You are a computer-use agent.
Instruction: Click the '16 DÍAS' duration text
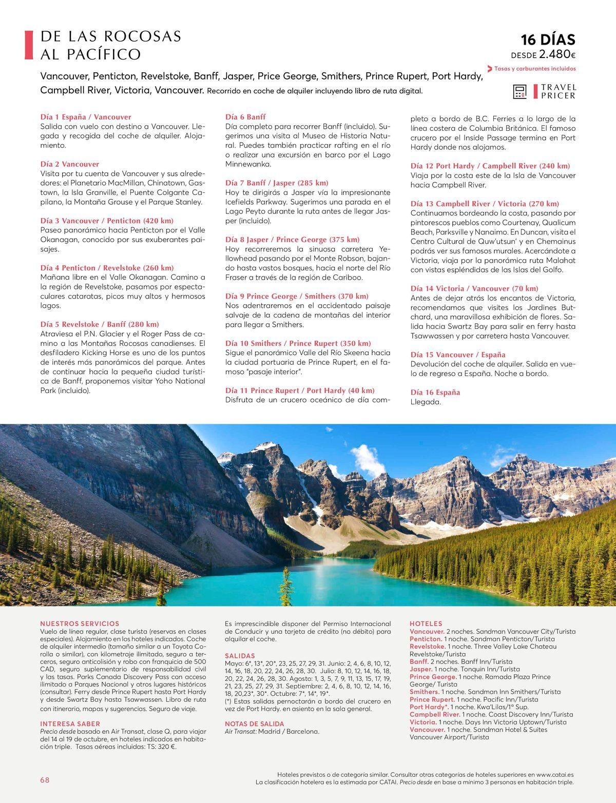tap(548, 40)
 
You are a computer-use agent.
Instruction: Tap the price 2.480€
tap(557, 54)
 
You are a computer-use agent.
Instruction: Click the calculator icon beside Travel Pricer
tap(520, 91)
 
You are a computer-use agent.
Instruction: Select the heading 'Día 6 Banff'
tap(245, 117)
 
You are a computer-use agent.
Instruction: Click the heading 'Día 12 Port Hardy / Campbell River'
tap(490, 166)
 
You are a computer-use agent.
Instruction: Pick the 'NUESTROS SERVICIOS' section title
tap(80, 623)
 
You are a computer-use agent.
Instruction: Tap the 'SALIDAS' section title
tap(240, 656)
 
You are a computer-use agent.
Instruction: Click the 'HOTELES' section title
tap(426, 623)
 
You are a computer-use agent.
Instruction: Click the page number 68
tap(45, 780)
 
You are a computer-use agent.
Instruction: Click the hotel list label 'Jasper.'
tap(421, 669)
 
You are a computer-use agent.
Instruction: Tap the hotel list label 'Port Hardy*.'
tap(429, 707)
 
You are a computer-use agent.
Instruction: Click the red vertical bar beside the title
tap(29, 45)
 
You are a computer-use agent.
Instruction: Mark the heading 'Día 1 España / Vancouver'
tap(86, 117)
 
